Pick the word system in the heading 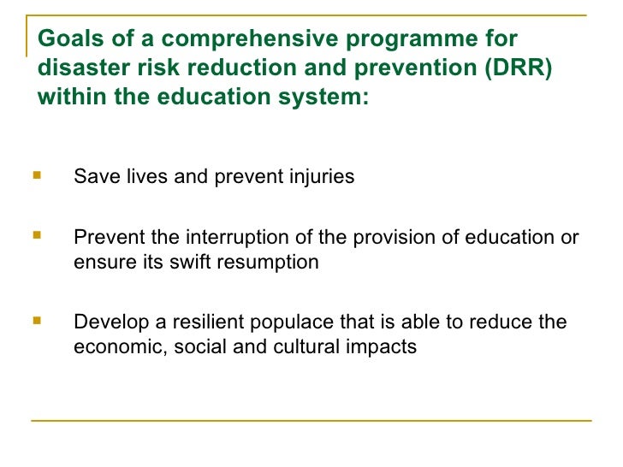pyautogui.click(x=321, y=97)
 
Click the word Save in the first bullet pyautogui.click(x=92, y=177)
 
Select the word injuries pyautogui.click(x=321, y=177)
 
